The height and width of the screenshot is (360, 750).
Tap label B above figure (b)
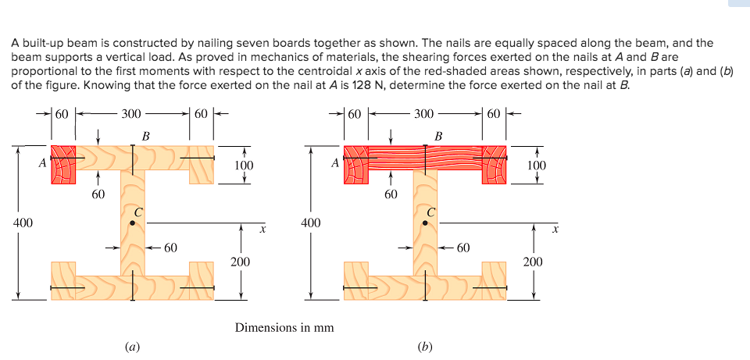click(x=437, y=137)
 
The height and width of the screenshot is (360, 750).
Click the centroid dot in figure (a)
click(x=132, y=223)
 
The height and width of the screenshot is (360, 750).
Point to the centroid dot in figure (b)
click(x=425, y=223)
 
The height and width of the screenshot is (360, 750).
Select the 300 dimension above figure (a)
click(x=131, y=114)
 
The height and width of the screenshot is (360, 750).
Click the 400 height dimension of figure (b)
click(x=310, y=223)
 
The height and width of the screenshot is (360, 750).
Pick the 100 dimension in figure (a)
click(x=244, y=165)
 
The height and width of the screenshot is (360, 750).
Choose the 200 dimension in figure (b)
click(x=532, y=262)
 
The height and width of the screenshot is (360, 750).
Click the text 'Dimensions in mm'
click(x=284, y=327)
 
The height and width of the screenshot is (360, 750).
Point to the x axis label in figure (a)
click(x=263, y=230)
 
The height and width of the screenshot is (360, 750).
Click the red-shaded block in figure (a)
click(x=63, y=164)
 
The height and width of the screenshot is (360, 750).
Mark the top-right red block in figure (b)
click(x=495, y=164)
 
